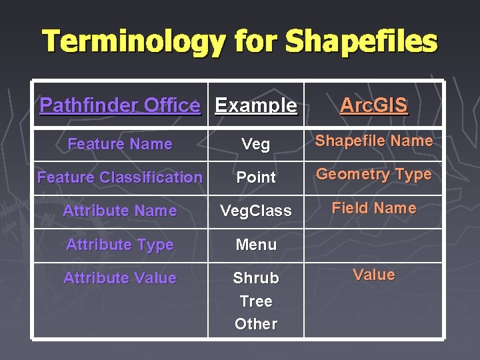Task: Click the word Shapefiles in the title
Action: coord(361,41)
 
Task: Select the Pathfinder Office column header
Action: coord(120,105)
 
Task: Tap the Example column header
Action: coord(256,105)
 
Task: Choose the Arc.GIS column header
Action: coord(373,105)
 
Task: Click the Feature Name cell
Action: coord(120,144)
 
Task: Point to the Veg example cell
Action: coord(256,145)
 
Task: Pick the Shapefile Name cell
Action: coord(373,141)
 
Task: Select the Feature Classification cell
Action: coord(120,177)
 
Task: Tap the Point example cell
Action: coord(256,177)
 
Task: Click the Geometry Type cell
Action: coord(373,175)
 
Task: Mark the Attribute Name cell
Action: coord(120,211)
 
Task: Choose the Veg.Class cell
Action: coord(256,211)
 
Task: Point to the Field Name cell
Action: coord(373,208)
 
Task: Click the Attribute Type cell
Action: coord(120,245)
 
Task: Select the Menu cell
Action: coord(256,245)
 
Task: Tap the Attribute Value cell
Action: coord(120,278)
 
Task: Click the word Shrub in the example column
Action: coord(256,278)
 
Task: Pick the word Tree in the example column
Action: coord(256,301)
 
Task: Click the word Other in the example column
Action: coord(256,324)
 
